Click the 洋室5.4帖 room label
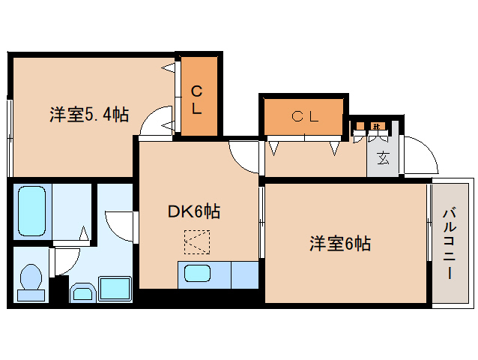coord(89,115)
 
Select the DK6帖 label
coord(193,211)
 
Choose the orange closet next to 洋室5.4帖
coord(197,97)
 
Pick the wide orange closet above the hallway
coord(304,116)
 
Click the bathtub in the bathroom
coord(31,211)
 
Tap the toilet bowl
coord(30,281)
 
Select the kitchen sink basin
coord(199,274)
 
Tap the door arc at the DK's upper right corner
coord(243,157)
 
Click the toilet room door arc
coord(67,259)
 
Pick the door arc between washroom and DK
coord(120,225)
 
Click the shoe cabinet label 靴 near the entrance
coord(378,125)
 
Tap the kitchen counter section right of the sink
coord(244,274)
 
